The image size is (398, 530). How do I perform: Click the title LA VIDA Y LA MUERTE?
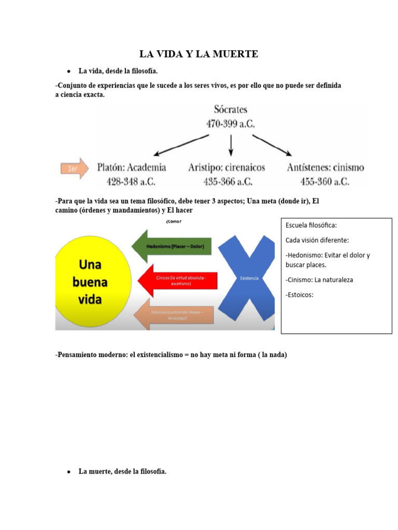click(198, 54)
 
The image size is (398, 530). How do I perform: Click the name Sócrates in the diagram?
click(231, 110)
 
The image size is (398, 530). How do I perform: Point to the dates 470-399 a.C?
click(231, 124)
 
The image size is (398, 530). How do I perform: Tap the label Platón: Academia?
click(132, 168)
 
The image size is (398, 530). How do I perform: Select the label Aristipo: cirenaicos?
click(226, 168)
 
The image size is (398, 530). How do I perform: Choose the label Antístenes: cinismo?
click(325, 168)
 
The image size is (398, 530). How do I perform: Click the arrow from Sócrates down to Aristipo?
click(231, 144)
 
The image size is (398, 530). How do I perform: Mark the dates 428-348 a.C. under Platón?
click(131, 182)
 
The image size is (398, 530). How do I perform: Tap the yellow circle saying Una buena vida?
click(94, 282)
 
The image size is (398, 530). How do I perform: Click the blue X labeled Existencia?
click(249, 278)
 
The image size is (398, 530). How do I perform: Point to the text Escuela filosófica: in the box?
click(311, 226)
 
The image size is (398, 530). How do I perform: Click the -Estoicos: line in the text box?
click(300, 296)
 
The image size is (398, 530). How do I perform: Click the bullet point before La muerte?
click(68, 472)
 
